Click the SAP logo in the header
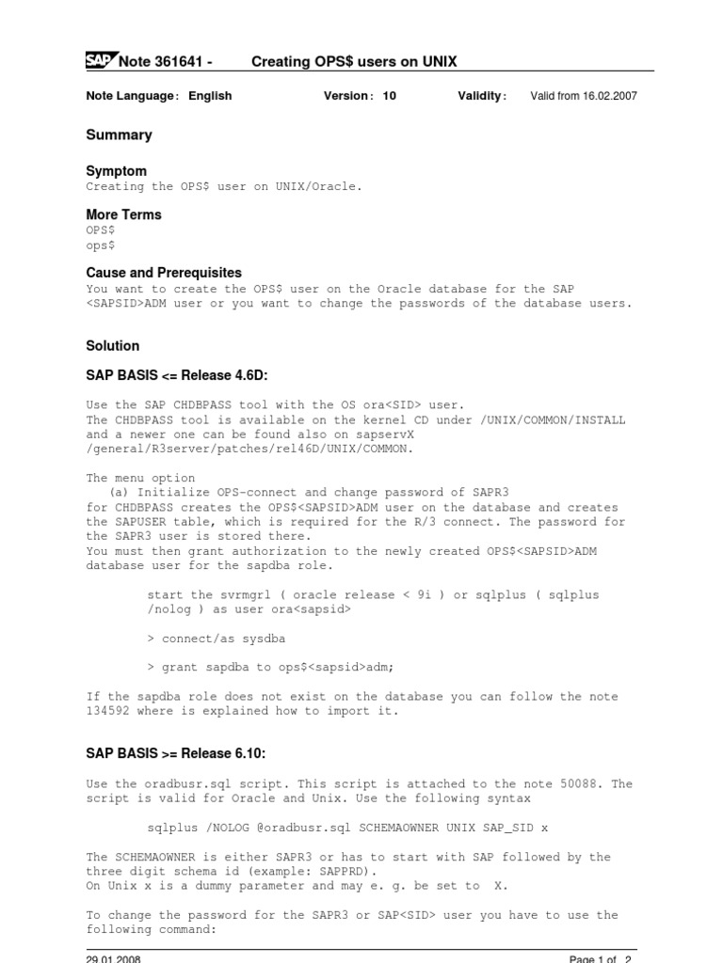99,61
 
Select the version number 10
389,96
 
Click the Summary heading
119,135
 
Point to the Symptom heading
116,171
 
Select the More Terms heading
123,214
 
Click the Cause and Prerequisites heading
164,273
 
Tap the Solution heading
112,346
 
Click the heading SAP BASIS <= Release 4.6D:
177,376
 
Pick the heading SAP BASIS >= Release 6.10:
177,753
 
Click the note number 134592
107,711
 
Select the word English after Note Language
210,96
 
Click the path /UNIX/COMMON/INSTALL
554,420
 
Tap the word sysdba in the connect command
262,639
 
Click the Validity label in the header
481,96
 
